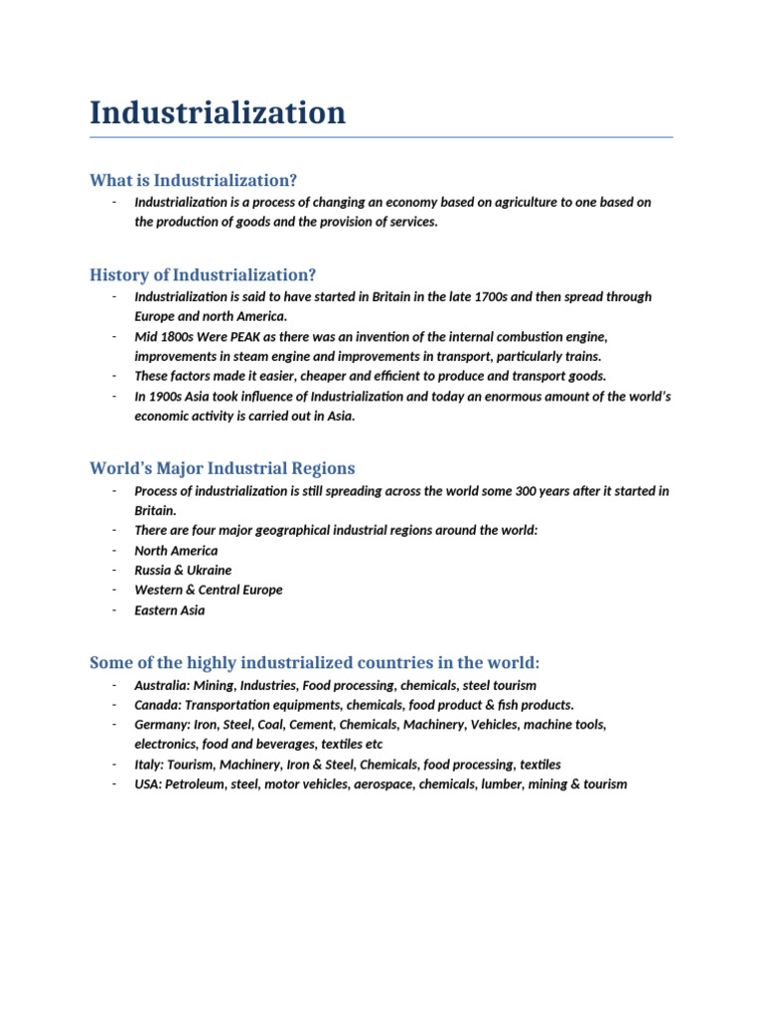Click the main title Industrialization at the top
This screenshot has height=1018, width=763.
pyautogui.click(x=218, y=112)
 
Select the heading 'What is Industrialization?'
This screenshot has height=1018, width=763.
pyautogui.click(x=193, y=180)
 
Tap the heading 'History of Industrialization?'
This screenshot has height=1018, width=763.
pyautogui.click(x=203, y=274)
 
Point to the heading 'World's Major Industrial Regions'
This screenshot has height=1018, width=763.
pyautogui.click(x=222, y=468)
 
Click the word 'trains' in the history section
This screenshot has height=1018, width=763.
pyautogui.click(x=581, y=357)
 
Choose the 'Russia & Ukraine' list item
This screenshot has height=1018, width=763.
pyautogui.click(x=183, y=571)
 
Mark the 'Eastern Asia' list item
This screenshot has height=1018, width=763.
pyautogui.click(x=170, y=610)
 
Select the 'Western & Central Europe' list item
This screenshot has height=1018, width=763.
pyautogui.click(x=209, y=591)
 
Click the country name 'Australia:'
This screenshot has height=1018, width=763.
pyautogui.click(x=161, y=685)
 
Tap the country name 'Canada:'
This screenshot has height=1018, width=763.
pyautogui.click(x=157, y=705)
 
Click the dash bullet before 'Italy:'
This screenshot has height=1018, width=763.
pyautogui.click(x=115, y=764)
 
